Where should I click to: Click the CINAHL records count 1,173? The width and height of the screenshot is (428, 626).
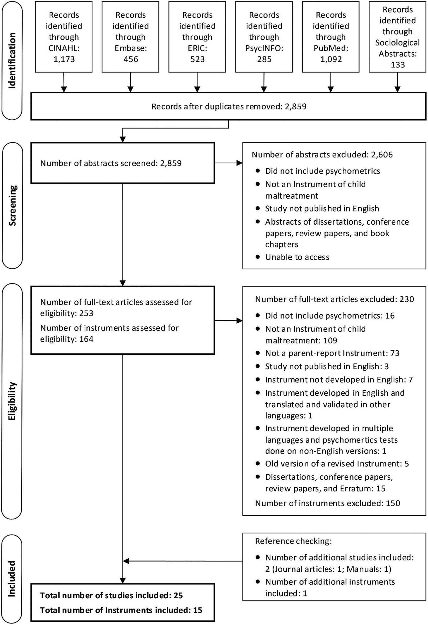[64, 59]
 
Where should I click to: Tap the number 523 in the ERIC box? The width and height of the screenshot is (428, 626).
[197, 59]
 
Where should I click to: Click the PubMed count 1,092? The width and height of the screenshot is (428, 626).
[331, 59]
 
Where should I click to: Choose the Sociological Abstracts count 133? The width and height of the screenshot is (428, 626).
[397, 65]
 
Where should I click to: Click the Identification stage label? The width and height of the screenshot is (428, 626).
[12, 61]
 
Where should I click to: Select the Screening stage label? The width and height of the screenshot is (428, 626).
[12, 205]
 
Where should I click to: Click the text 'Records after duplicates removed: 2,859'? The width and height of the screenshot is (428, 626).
[229, 107]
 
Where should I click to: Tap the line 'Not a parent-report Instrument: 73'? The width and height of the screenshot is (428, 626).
[332, 353]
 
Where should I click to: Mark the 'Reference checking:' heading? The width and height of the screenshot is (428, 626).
[294, 541]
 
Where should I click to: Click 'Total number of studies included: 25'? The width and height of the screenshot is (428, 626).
[112, 595]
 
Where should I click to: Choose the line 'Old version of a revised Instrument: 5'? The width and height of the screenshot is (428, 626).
[337, 464]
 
